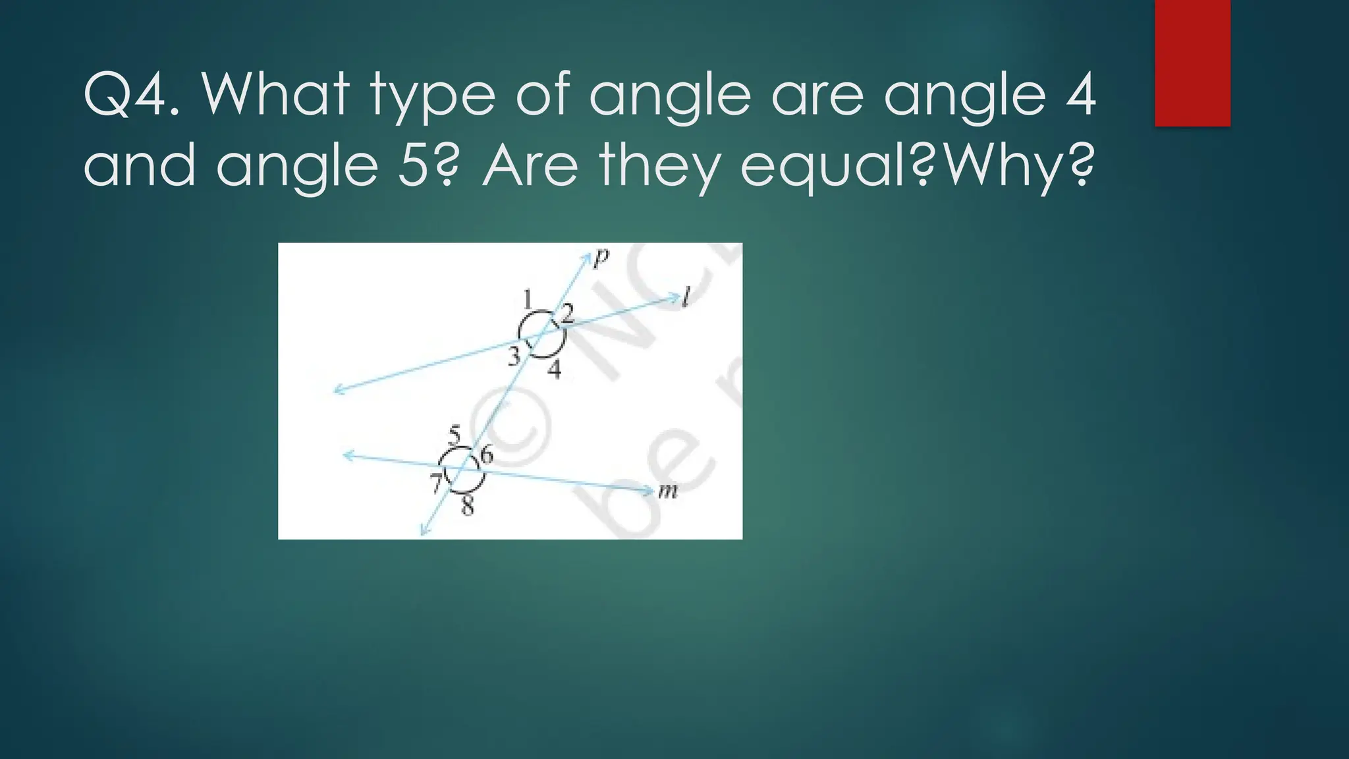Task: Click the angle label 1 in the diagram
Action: pos(528,300)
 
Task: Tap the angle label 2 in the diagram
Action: pos(567,314)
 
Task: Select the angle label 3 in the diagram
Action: pos(514,356)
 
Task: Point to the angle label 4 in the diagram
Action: pos(555,370)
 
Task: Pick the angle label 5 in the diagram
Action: pos(454,435)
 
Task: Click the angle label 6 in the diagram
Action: pos(486,455)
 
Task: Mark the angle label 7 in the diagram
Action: pos(436,484)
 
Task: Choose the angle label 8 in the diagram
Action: pos(467,506)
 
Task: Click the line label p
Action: pos(600,258)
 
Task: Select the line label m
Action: pos(667,491)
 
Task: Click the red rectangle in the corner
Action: pos(1192,63)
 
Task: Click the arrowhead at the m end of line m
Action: pos(646,490)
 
